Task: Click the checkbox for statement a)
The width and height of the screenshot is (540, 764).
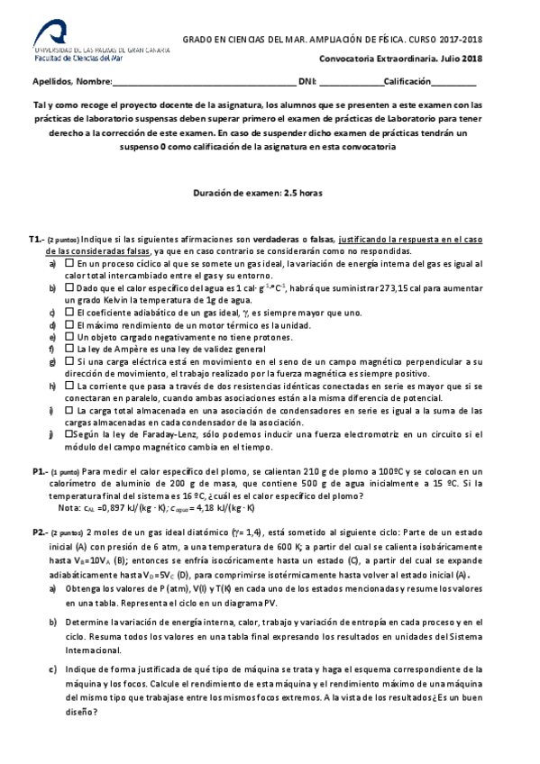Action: (69, 263)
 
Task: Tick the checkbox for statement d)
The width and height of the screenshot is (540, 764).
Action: (69, 324)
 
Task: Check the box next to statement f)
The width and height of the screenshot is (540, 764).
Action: (69, 349)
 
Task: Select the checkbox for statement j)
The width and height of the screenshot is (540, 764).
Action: (69, 434)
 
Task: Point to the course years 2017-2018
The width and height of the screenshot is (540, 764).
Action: (462, 40)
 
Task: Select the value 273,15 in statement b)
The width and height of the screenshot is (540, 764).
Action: (379, 287)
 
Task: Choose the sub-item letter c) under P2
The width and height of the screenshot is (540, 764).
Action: (53, 668)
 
